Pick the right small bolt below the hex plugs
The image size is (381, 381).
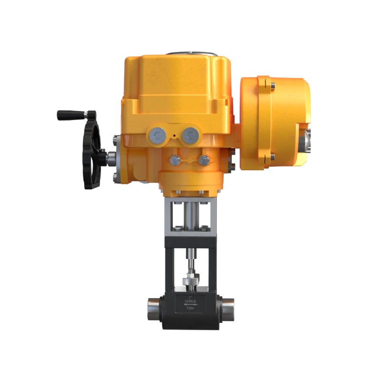click(x=204, y=160)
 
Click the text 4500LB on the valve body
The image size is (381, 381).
click(x=189, y=302)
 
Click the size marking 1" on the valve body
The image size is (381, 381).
click(x=189, y=297)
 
